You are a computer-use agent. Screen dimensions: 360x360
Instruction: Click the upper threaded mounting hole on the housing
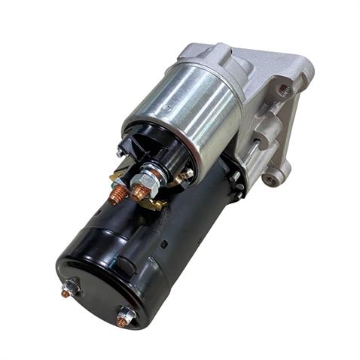(x=284, y=90)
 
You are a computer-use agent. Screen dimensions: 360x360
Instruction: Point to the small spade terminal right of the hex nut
(x=183, y=175)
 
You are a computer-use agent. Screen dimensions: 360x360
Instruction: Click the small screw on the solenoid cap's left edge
(x=121, y=151)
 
